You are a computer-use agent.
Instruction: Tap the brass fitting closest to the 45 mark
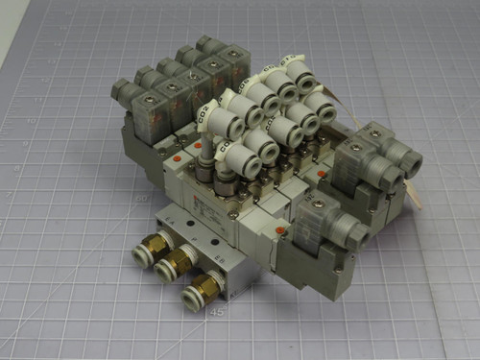click(x=206, y=285)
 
